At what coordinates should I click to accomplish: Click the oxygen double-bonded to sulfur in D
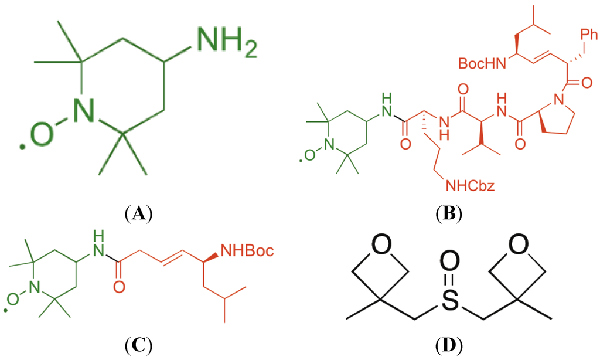point(449,259)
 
